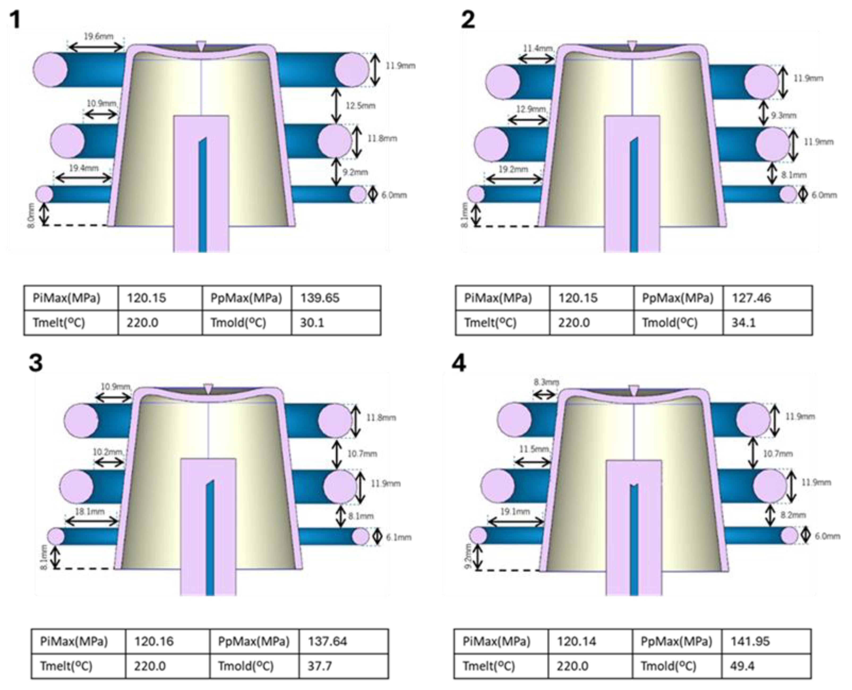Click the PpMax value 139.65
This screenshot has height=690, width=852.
(x=319, y=298)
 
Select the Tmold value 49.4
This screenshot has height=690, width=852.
(x=742, y=666)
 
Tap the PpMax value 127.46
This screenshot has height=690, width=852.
(x=751, y=298)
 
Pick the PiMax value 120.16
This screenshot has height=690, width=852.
(x=154, y=641)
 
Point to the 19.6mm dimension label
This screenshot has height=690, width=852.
(x=98, y=37)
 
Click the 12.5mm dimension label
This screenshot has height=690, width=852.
(x=360, y=106)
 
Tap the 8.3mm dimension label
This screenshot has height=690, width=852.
(x=546, y=382)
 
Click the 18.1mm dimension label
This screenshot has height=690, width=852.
(x=90, y=512)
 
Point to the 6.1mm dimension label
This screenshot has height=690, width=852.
(x=399, y=537)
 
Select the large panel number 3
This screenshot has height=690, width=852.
(x=36, y=363)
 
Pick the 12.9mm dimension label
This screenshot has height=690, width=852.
(x=531, y=109)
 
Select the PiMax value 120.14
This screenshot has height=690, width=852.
(x=576, y=641)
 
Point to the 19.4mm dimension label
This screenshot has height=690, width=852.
(x=83, y=168)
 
